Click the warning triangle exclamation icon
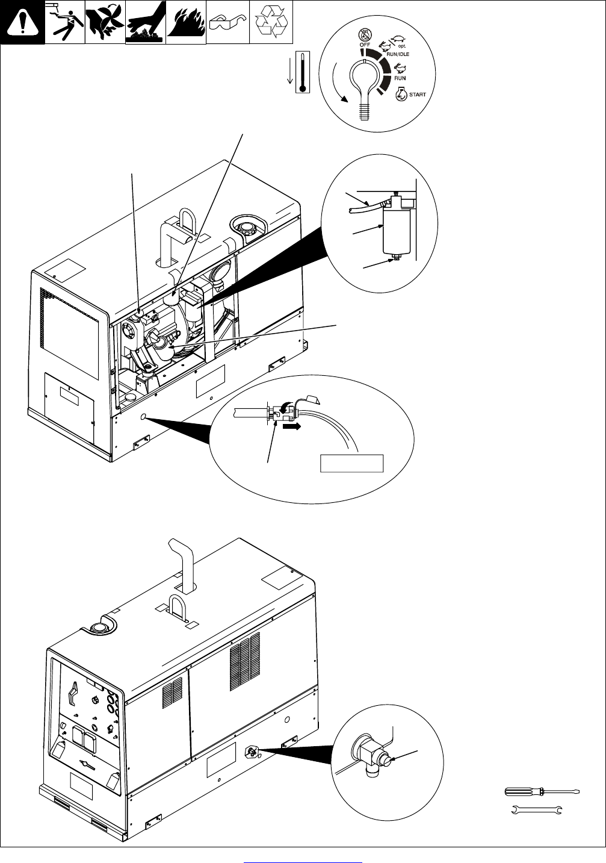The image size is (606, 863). [x=22, y=22]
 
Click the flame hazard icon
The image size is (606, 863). [x=186, y=22]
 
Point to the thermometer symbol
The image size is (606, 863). [x=302, y=70]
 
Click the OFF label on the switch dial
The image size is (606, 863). [x=365, y=45]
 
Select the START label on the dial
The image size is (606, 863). [x=417, y=95]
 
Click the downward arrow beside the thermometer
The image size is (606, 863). [x=290, y=71]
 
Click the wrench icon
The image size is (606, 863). [x=536, y=811]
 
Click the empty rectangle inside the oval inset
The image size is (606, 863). [x=351, y=463]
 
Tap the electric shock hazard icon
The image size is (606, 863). [x=64, y=22]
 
